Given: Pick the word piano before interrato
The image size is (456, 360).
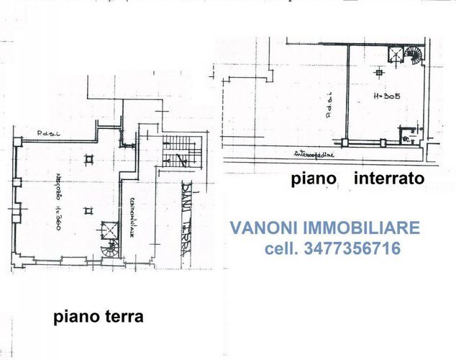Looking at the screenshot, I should (315, 179).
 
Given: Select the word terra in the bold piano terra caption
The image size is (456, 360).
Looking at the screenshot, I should (123, 317).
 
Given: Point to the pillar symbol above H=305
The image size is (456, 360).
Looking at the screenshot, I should (379, 73).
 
